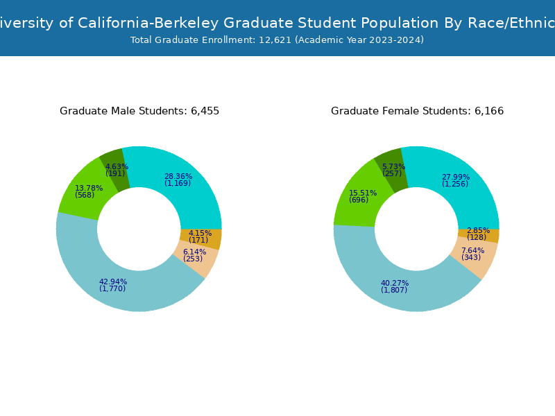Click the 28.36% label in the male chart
click(x=178, y=176)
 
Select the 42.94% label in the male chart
click(x=113, y=281)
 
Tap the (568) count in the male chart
click(x=85, y=196)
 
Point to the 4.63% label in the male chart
click(x=117, y=166)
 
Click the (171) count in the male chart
click(x=198, y=240)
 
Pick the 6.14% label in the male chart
click(x=194, y=252)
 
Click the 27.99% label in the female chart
click(x=456, y=177)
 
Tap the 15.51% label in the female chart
click(x=363, y=193)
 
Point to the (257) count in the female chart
click(x=392, y=174)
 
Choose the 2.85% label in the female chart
click(x=478, y=230)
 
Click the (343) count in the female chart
click(x=471, y=258)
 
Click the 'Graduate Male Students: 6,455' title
click(x=139, y=111)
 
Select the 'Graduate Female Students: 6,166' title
click(x=417, y=111)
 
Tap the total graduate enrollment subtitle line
click(x=277, y=40)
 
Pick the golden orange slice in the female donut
click(x=490, y=236)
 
